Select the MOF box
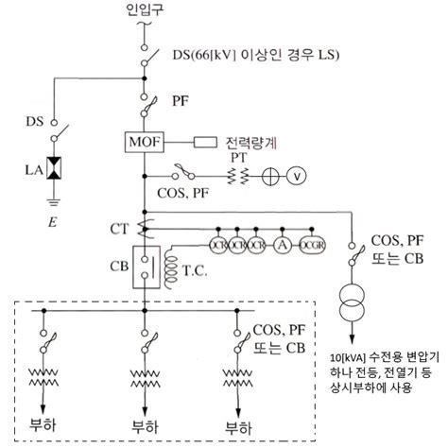[146, 144]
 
